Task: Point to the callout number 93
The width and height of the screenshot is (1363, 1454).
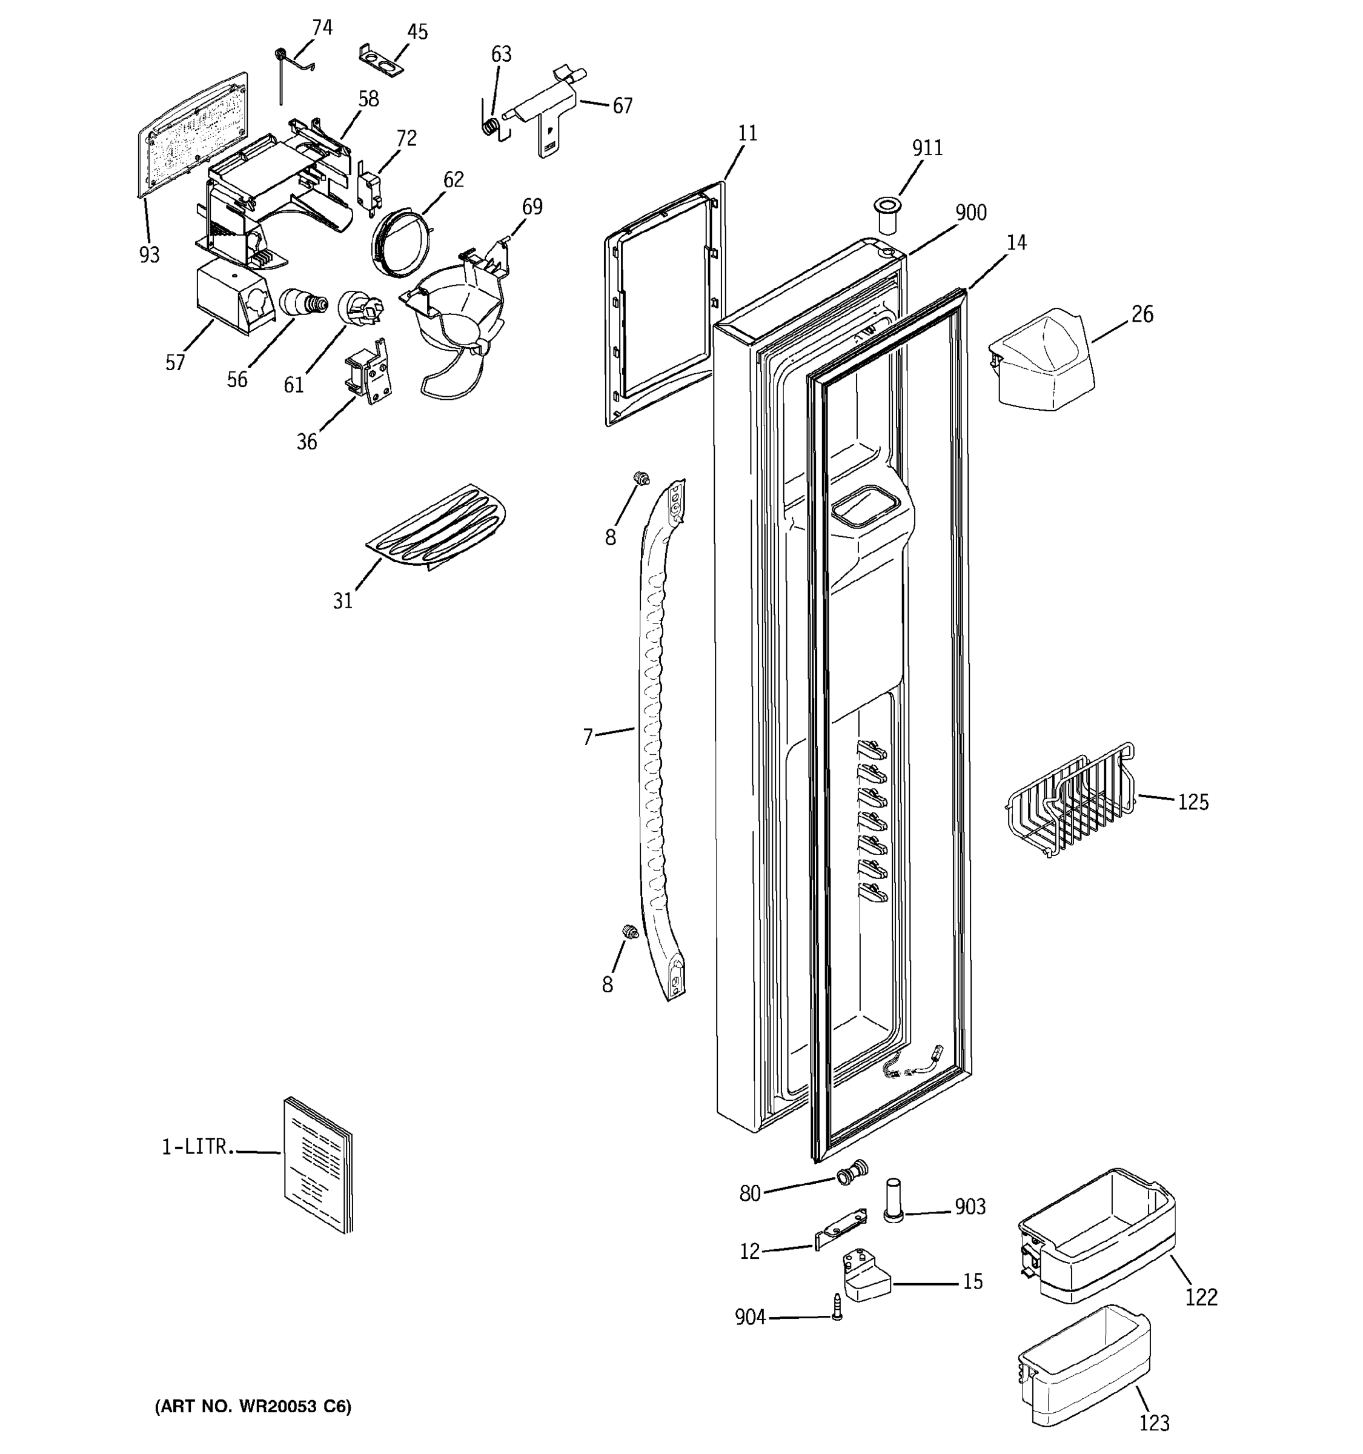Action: (x=149, y=254)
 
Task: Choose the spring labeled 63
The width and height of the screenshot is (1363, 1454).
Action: (x=494, y=126)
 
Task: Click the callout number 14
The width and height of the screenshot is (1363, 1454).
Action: (x=1016, y=243)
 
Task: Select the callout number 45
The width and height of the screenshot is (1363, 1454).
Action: (x=417, y=32)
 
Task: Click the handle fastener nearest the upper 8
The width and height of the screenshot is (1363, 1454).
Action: (x=642, y=479)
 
